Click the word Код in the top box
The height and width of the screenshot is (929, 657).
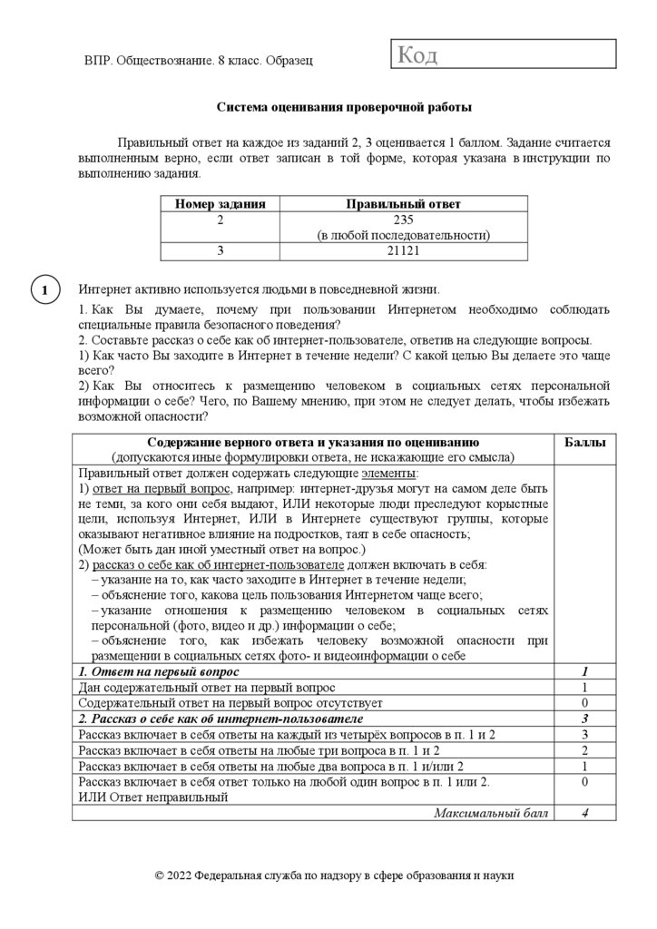418,56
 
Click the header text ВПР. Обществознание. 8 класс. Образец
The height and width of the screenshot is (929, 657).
198,61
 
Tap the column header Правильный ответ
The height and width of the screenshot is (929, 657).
404,204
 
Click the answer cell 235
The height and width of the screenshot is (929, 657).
404,220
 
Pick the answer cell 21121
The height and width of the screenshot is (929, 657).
404,251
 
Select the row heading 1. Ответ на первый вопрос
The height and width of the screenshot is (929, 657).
160,671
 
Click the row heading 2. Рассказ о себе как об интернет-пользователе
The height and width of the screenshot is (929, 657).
222,718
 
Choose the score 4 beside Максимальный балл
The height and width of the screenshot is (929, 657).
585,812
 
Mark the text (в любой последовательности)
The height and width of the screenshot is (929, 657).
404,235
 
